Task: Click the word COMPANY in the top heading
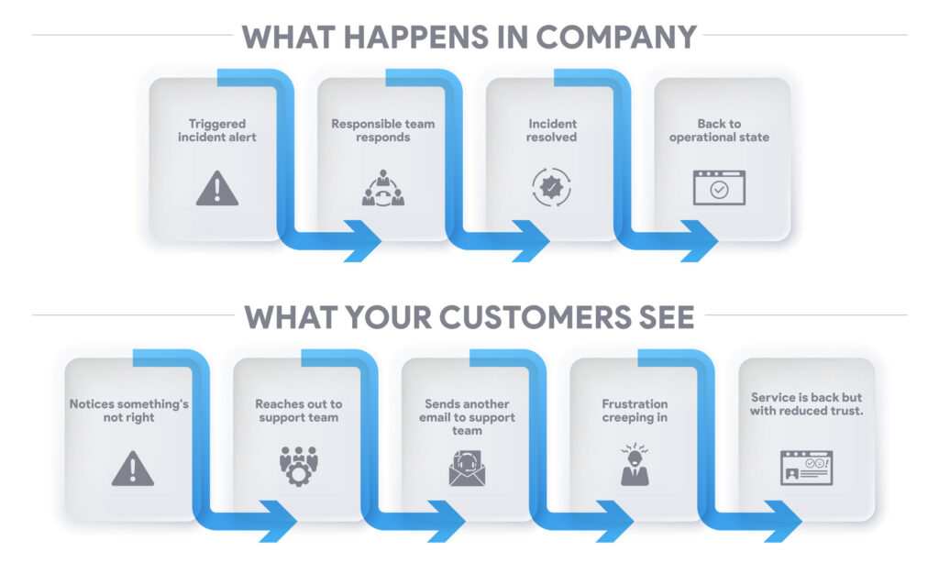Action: pos(615,37)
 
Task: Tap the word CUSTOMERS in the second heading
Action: pos(536,317)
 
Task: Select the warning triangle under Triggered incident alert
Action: pos(217,188)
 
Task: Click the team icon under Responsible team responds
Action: pos(383,188)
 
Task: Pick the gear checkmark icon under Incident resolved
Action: pos(551,187)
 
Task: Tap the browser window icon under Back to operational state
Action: pos(719,187)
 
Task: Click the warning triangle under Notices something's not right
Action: pos(133,469)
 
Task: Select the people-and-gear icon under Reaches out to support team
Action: pos(299,466)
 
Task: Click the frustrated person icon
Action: pos(635,465)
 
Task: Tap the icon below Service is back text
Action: pos(807,468)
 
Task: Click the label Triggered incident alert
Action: pos(217,130)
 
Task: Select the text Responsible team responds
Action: pos(383,130)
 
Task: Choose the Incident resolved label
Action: pos(551,130)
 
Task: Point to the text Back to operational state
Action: pos(719,130)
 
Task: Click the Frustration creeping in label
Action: pos(635,411)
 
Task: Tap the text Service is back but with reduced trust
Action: pos(807,404)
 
